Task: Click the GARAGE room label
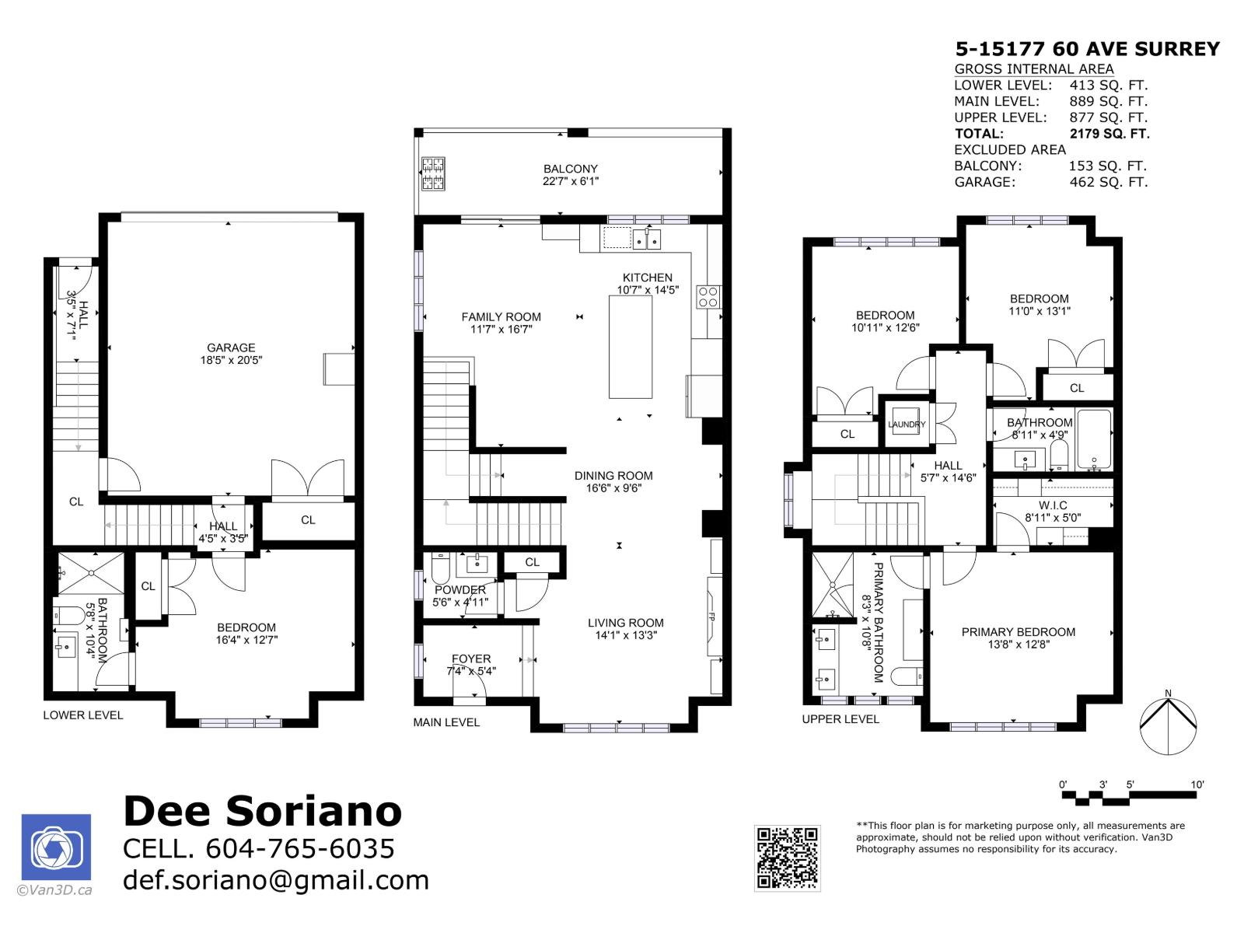point(231,348)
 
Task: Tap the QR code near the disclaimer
point(787,858)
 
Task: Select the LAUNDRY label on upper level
point(907,425)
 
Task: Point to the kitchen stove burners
point(708,296)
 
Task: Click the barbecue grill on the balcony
point(433,174)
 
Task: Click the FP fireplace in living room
point(711,617)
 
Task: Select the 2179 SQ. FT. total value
point(1109,134)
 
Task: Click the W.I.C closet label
point(1052,505)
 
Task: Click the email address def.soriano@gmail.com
point(276,880)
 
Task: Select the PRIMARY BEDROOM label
point(1018,632)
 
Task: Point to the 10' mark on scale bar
point(1197,784)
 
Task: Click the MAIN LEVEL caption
point(446,722)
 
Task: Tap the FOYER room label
point(471,659)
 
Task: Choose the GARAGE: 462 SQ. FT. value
point(1108,183)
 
